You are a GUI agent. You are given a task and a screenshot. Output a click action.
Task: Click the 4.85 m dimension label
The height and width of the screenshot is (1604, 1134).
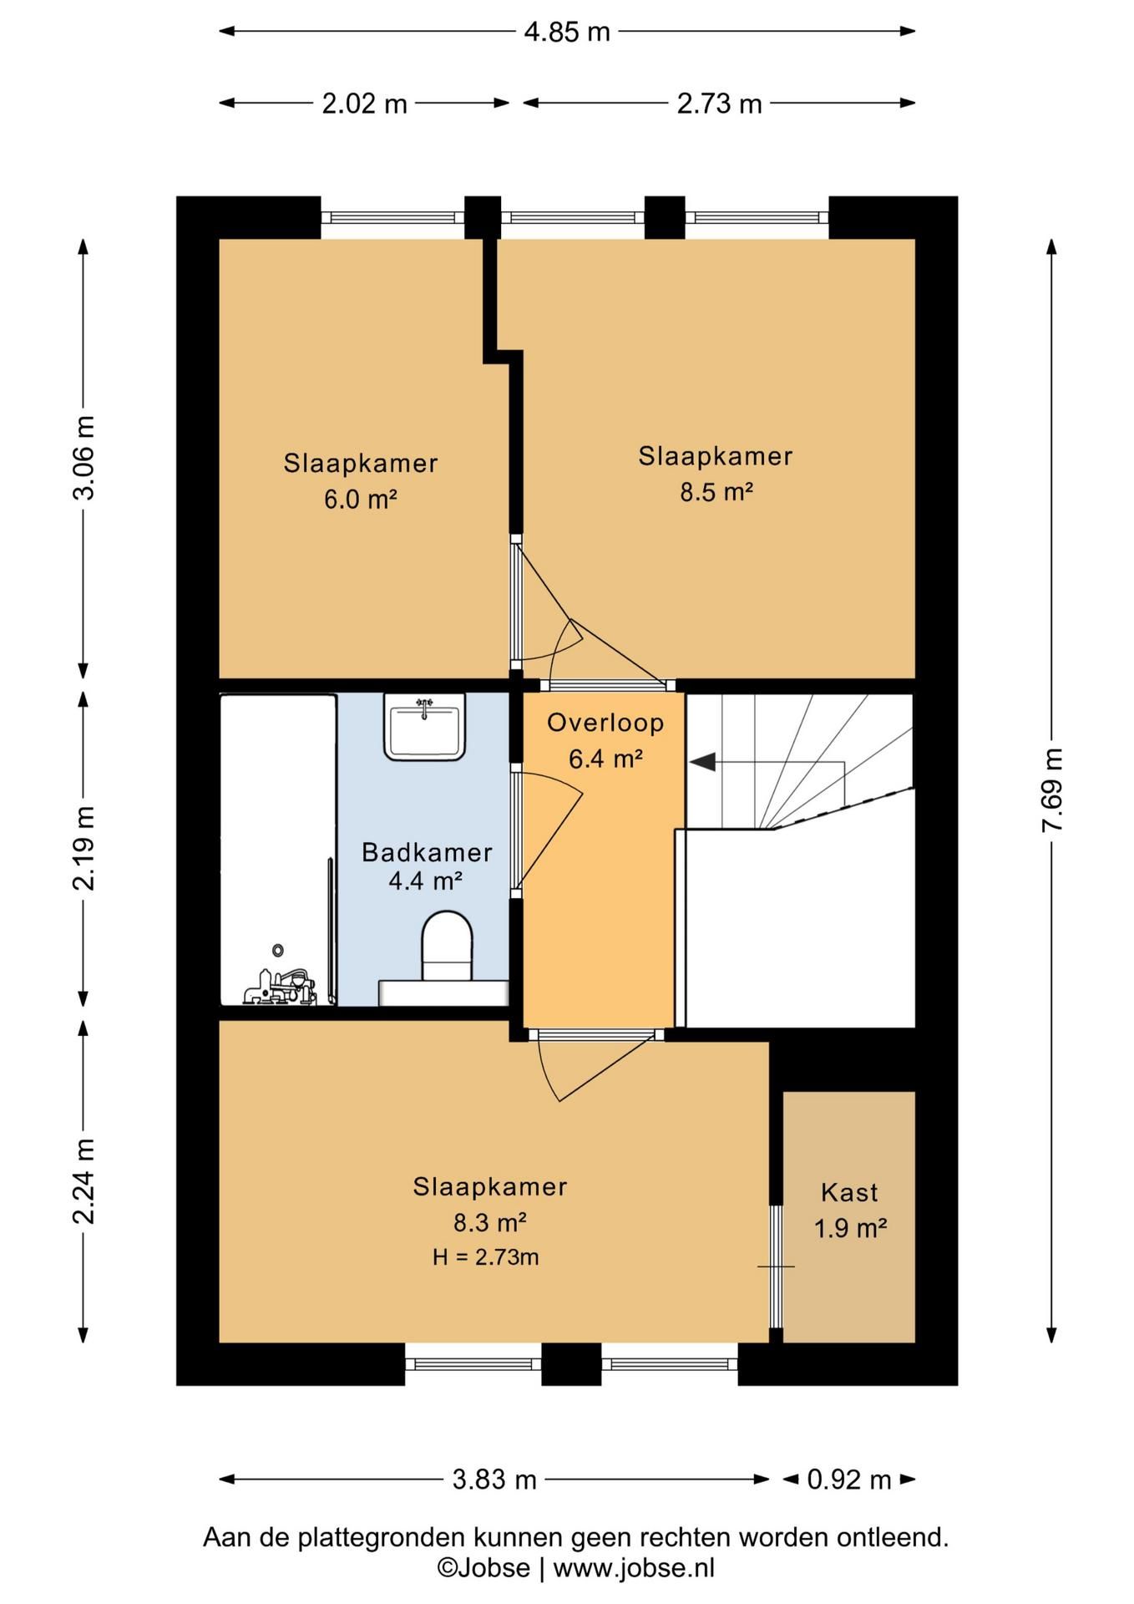pyautogui.click(x=567, y=32)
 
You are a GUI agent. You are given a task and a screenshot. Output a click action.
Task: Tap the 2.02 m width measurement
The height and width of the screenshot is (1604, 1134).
pyautogui.click(x=365, y=104)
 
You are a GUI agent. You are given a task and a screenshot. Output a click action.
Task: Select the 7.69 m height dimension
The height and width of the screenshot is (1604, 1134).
pyautogui.click(x=1052, y=789)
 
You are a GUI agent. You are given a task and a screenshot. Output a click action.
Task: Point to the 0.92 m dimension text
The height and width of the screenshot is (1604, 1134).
pyautogui.click(x=849, y=1479)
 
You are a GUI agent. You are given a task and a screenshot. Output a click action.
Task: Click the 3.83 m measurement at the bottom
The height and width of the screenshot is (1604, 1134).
pyautogui.click(x=494, y=1479)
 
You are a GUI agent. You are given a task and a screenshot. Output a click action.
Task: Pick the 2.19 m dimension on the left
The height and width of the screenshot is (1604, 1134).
pyautogui.click(x=84, y=848)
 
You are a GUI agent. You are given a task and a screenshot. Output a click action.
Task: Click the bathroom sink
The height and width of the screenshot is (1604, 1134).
pyautogui.click(x=424, y=727)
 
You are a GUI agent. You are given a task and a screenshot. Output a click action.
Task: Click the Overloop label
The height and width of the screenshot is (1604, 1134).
pyautogui.click(x=605, y=723)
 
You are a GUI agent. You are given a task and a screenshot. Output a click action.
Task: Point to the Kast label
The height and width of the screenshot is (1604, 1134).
pyautogui.click(x=849, y=1192)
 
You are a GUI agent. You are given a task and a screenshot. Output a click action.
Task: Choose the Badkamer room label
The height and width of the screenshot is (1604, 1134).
pyautogui.click(x=427, y=852)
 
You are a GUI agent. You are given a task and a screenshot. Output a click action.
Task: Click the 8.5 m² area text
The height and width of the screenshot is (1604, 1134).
pyautogui.click(x=716, y=492)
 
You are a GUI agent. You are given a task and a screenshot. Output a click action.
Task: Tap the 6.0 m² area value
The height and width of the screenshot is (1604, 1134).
pyautogui.click(x=360, y=500)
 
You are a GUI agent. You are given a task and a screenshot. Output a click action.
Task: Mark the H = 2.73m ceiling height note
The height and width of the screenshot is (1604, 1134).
pyautogui.click(x=485, y=1256)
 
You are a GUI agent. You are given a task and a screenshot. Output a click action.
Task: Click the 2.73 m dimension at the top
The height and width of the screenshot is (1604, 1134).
pyautogui.click(x=719, y=104)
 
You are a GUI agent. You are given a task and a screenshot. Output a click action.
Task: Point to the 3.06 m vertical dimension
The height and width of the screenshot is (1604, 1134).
pyautogui.click(x=84, y=458)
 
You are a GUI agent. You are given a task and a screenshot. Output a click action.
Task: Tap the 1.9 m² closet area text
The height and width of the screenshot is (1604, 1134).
pyautogui.click(x=850, y=1228)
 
